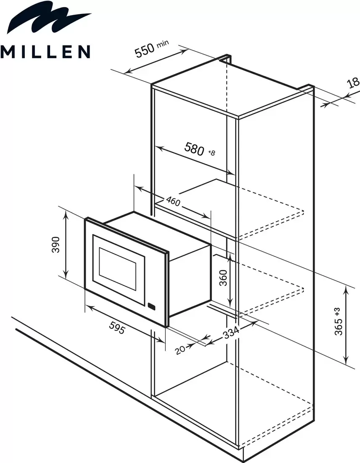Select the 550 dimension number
pyautogui.click(x=145, y=50)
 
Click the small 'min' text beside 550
pyautogui.click(x=163, y=43)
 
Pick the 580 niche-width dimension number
pyautogui.click(x=194, y=149)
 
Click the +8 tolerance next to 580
pyautogui.click(x=212, y=153)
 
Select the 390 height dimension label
pyautogui.click(x=56, y=245)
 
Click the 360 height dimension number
pyautogui.click(x=223, y=278)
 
